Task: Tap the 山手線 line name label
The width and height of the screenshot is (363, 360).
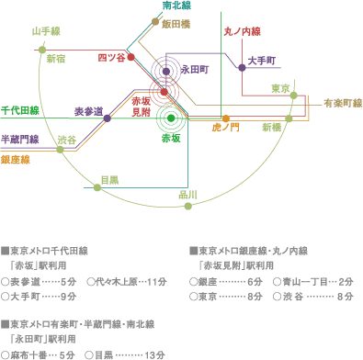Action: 46,31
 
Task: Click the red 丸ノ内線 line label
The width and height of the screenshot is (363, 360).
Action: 241,31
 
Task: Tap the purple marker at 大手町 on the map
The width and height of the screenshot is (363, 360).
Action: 243,67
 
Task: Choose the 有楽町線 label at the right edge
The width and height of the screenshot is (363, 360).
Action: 342,105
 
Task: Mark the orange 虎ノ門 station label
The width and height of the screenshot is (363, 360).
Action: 225,126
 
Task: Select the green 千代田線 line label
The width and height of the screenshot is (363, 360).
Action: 19,110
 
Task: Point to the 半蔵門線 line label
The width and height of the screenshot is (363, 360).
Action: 19,139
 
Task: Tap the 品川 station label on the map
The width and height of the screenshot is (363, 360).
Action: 187,195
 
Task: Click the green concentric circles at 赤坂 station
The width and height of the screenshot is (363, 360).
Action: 169,117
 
